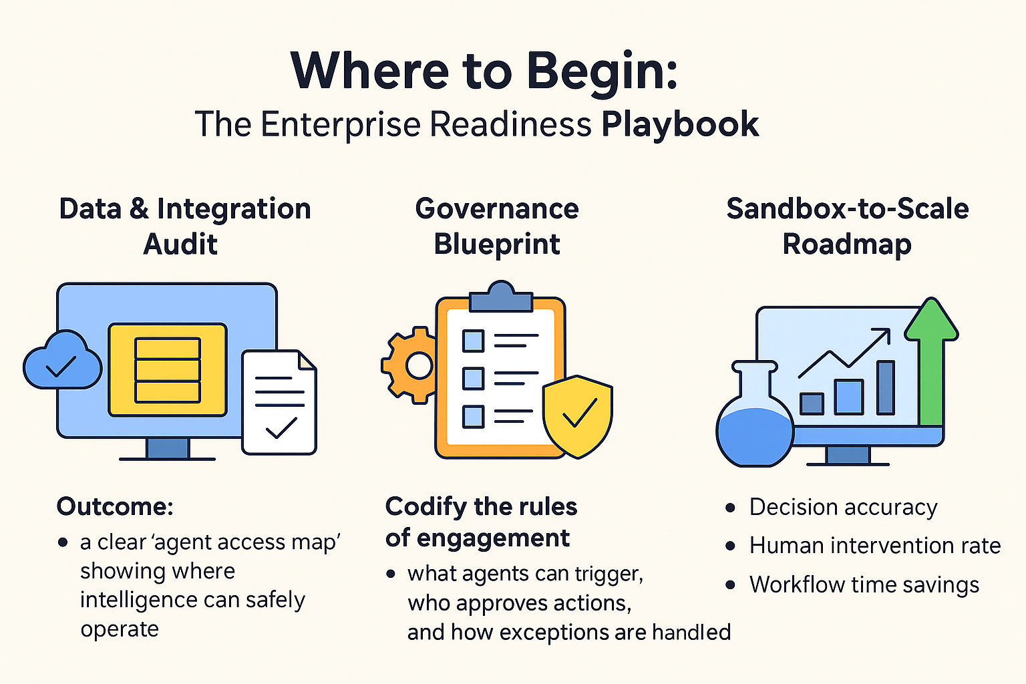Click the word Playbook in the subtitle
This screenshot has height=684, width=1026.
point(679,124)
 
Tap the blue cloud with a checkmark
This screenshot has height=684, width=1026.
point(61,361)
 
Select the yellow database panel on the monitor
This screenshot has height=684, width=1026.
point(168,369)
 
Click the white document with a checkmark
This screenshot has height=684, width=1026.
point(279,403)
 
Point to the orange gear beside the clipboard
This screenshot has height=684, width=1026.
point(408,365)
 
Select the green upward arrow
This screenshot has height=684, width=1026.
point(931,361)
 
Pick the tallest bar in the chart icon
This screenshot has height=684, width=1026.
point(886,387)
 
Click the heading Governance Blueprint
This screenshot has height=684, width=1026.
point(497,226)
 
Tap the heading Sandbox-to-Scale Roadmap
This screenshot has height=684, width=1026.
point(847,226)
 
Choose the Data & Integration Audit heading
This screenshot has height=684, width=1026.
point(184,226)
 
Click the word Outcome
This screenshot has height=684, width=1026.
point(114,506)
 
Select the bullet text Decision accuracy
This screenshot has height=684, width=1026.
point(843,507)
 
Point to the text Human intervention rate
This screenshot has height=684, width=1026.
point(874,546)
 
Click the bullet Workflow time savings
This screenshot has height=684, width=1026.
point(864,584)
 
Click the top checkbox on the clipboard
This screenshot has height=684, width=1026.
point(473,341)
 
